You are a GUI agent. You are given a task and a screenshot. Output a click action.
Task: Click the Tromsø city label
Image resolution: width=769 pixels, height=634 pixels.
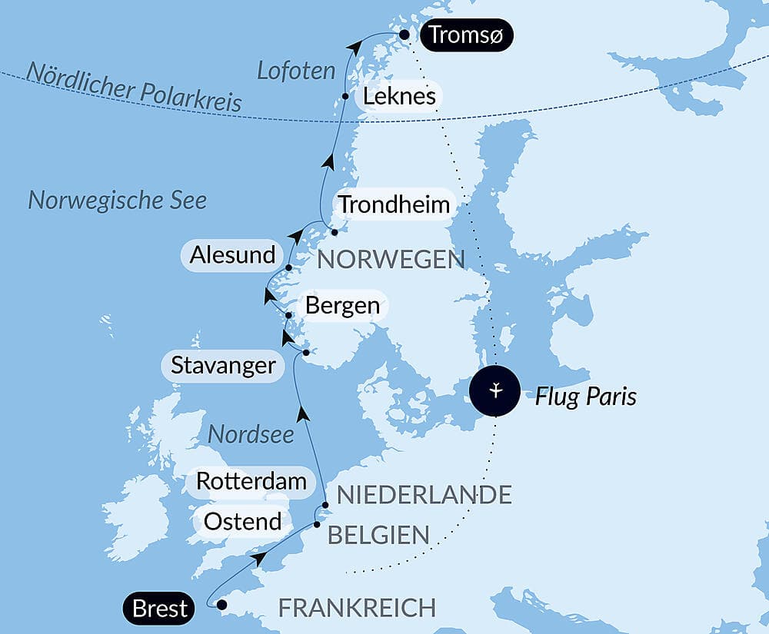click(468, 35)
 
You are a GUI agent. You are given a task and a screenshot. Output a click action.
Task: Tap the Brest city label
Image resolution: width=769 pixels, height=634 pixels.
click(159, 609)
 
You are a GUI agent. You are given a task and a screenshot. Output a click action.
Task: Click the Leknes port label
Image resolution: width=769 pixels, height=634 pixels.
click(399, 96)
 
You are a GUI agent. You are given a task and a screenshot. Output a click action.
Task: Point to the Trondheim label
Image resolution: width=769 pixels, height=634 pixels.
click(394, 205)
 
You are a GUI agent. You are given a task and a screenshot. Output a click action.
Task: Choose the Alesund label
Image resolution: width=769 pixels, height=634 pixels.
click(232, 255)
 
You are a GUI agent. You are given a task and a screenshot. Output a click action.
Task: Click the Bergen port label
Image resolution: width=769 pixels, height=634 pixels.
click(342, 305)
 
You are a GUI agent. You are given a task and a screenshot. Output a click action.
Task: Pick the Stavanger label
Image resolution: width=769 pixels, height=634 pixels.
click(223, 364)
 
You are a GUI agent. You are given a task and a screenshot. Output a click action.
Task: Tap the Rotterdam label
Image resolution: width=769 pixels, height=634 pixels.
click(251, 481)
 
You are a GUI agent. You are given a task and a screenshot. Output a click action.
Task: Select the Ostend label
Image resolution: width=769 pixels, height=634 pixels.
click(242, 522)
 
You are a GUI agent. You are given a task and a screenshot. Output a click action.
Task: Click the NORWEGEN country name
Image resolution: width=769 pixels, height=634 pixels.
click(391, 260)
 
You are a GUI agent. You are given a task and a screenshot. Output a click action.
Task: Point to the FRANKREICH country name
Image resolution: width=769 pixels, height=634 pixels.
click(357, 608)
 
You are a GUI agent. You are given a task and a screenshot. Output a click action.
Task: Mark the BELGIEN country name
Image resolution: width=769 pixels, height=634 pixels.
click(378, 536)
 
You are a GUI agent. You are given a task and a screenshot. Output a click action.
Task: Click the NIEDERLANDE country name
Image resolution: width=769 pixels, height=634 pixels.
click(424, 495)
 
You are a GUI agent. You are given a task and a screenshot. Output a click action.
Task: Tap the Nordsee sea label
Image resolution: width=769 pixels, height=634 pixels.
click(251, 434)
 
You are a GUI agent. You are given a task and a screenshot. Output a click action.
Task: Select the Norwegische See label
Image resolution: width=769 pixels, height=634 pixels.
click(118, 201)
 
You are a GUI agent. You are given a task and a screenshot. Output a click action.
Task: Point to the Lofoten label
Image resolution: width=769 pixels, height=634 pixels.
click(296, 71)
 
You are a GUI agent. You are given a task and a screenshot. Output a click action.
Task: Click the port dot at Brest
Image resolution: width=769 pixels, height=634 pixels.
click(222, 605)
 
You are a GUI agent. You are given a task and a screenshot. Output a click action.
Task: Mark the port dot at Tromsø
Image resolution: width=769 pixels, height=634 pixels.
click(404, 34)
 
